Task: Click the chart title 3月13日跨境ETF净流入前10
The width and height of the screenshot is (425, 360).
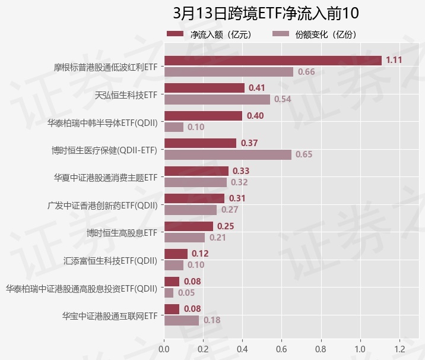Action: [x=266, y=13]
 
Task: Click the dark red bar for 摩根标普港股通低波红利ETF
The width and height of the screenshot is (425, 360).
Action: [x=272, y=60]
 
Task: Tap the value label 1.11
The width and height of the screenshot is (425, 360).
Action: [x=394, y=60]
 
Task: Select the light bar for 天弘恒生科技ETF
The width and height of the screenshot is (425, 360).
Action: [x=217, y=99]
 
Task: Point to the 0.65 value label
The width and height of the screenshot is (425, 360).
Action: [x=304, y=154]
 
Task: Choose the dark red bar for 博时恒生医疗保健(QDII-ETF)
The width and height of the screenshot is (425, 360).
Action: [x=200, y=143]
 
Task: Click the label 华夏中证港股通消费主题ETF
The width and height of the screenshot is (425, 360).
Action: [x=106, y=177]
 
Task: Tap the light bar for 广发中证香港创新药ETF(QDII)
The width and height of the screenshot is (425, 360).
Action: [x=190, y=210]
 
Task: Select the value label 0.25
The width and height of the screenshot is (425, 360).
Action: [x=226, y=226]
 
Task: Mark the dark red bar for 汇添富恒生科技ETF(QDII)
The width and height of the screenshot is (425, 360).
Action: [x=176, y=254]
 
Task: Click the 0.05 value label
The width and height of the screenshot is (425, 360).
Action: [x=186, y=293]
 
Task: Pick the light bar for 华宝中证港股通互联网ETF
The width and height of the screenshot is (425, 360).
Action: [x=182, y=320]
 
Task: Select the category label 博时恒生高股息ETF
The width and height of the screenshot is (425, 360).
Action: [x=121, y=232]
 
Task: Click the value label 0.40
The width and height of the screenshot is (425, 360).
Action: [x=255, y=116]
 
